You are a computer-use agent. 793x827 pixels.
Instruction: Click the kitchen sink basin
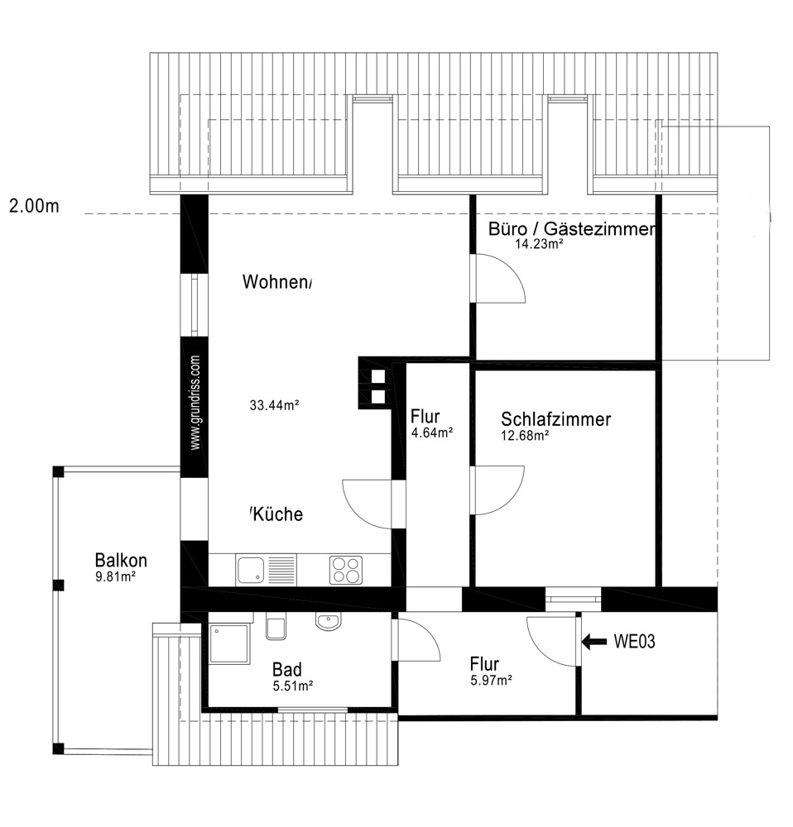[250, 570]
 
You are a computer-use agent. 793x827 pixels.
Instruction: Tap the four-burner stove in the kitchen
[346, 570]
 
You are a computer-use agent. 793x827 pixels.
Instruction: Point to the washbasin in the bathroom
[329, 621]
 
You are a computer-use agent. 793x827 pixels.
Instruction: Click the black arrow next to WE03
[594, 642]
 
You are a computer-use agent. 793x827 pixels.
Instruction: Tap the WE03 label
[634, 642]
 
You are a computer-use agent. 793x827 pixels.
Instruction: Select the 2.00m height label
[34, 206]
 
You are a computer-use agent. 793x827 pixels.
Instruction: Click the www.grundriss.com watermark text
[195, 403]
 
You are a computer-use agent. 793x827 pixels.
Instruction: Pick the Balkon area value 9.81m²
[115, 576]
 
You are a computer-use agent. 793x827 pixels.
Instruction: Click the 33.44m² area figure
[275, 405]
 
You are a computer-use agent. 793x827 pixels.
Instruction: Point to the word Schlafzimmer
[556, 419]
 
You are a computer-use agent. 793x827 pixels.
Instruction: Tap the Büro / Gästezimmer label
[572, 229]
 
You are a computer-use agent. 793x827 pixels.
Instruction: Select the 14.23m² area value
[539, 244]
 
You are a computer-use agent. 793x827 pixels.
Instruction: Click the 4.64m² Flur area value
[432, 433]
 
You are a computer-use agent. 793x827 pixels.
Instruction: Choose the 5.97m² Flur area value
[491, 681]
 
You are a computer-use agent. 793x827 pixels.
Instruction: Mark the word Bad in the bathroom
[287, 670]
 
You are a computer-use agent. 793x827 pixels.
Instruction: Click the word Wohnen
[277, 282]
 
